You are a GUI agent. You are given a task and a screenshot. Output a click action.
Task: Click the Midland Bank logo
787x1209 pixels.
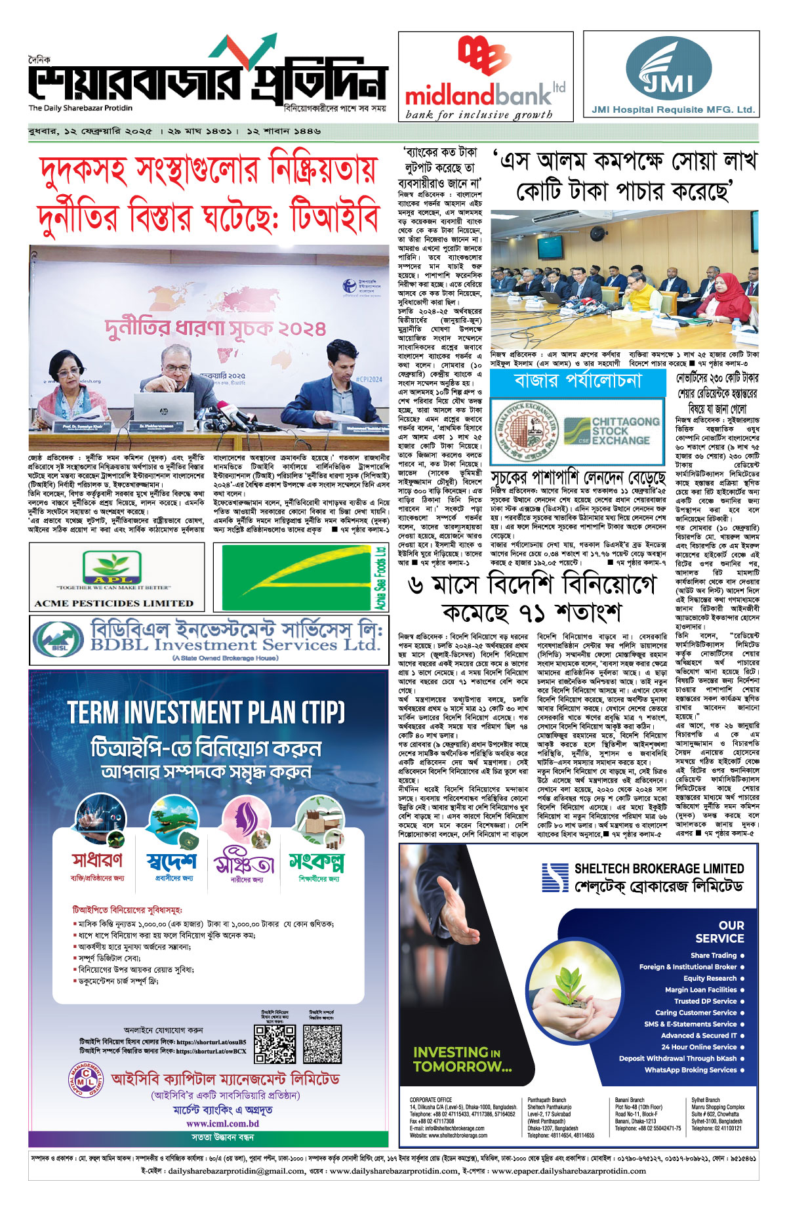point(485,75)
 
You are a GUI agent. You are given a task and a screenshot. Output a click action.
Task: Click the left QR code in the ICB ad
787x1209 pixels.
point(274,1043)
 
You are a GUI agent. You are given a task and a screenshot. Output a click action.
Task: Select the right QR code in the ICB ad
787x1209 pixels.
point(322,1043)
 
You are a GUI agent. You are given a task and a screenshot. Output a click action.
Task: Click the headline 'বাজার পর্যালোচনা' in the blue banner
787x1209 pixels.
point(578,381)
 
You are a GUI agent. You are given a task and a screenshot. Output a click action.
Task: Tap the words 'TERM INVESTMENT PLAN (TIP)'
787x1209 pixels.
point(206,713)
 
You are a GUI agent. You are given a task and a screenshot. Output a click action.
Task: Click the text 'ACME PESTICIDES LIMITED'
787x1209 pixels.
point(113,603)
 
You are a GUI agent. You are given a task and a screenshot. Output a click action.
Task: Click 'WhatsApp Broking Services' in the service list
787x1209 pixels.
point(691,1070)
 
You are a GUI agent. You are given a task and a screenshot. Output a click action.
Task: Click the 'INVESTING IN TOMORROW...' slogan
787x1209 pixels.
point(462,1059)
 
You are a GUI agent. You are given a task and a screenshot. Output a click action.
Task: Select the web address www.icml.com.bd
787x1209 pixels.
point(222,1123)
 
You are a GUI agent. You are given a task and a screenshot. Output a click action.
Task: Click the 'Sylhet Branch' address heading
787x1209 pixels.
point(706,1100)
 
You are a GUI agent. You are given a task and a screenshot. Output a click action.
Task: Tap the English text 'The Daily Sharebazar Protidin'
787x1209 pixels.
point(80,108)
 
